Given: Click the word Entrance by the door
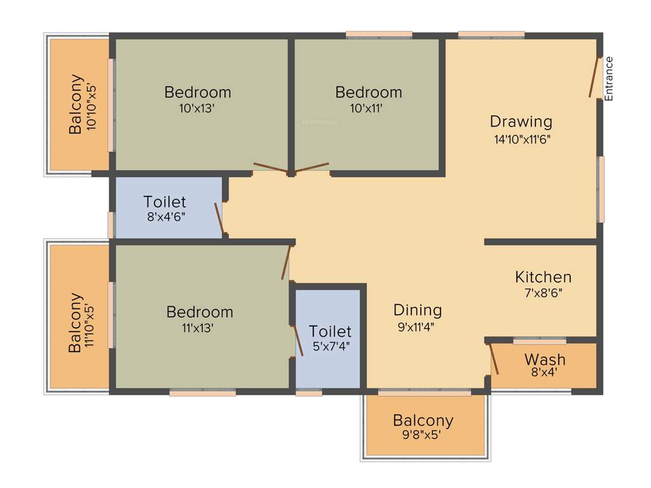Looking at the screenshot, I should [x=608, y=79].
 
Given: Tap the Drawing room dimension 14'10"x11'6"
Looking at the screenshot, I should [x=521, y=139].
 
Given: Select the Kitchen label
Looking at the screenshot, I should [x=543, y=277].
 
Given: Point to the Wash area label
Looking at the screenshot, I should [x=545, y=359].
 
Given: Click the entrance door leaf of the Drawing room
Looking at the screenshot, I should [x=595, y=78].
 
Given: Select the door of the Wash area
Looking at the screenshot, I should [x=493, y=359].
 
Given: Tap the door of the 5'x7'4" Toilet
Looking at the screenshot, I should [x=298, y=341].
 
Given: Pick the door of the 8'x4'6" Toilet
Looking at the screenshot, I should [x=219, y=219].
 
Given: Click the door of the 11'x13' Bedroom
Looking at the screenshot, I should [x=286, y=262].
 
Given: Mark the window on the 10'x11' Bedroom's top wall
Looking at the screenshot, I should [x=379, y=35].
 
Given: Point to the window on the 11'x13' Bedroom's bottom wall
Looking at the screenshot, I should [x=203, y=393].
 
